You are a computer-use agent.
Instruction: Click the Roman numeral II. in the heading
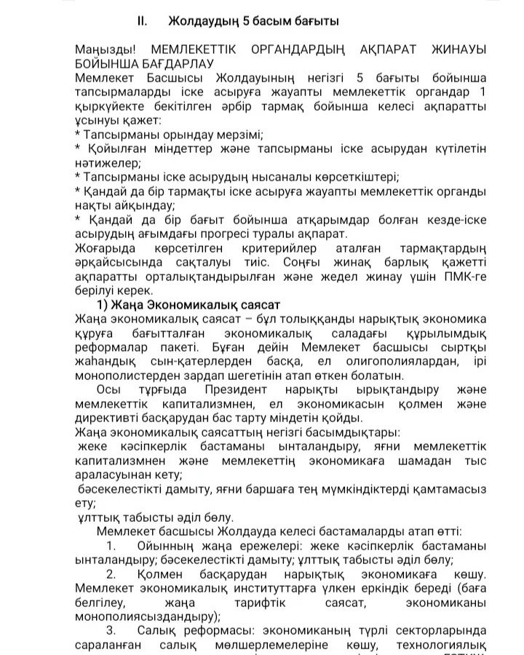click(143, 21)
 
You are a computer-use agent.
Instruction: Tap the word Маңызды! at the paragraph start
click(106, 49)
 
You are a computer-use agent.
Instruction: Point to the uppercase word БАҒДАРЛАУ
click(171, 63)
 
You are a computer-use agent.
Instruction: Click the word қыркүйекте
click(109, 106)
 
